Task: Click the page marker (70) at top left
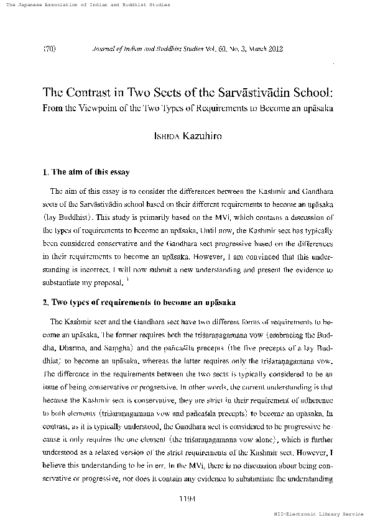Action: (x=49, y=47)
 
